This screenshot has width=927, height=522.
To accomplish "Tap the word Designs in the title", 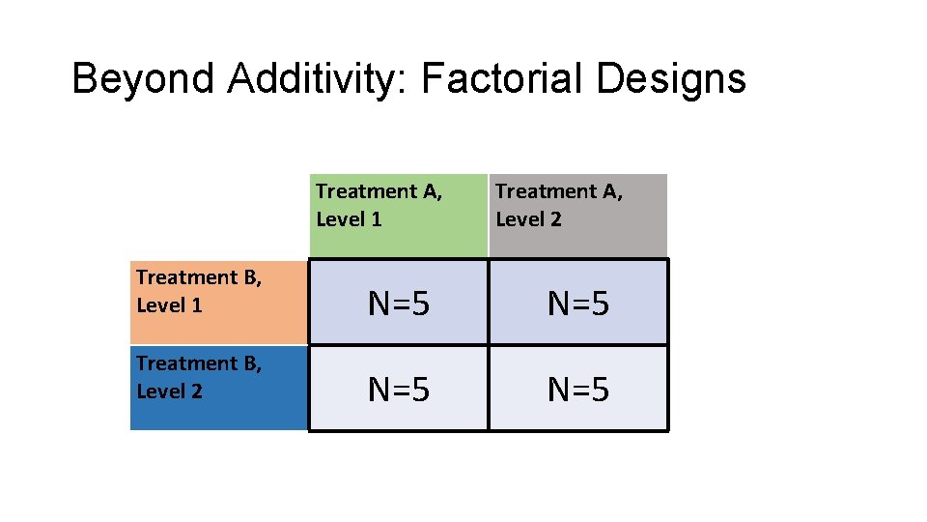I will (671, 79).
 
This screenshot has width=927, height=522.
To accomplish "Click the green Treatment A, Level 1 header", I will (398, 215).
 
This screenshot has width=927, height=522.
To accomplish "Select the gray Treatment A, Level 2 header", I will (577, 215).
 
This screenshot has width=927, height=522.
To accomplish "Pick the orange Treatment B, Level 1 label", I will (218, 302).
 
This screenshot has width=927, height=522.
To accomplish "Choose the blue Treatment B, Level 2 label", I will (218, 387).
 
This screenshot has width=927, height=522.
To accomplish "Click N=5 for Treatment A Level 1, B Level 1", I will (398, 304).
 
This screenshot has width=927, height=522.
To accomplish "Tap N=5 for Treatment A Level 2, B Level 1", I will (577, 304).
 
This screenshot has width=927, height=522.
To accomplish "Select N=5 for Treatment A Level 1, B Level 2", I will (398, 390).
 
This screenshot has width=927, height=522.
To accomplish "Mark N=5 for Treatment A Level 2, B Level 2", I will (577, 390).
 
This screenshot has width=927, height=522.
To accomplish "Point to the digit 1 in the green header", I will (376, 219).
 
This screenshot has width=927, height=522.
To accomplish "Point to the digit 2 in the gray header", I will (555, 219).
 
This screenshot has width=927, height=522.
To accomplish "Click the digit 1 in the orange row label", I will (196, 306).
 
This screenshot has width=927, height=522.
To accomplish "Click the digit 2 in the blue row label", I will (196, 391).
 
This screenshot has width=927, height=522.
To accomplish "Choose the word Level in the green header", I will (340, 219).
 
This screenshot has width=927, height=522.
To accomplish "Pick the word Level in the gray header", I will (520, 219).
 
